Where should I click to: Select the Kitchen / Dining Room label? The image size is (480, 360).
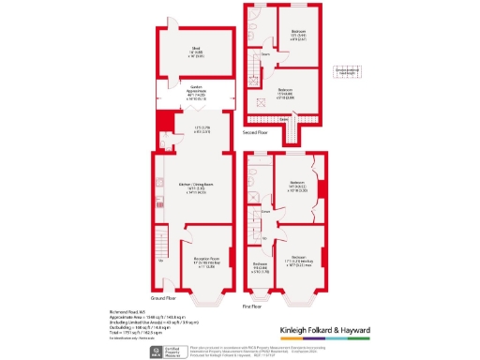(x=195, y=189)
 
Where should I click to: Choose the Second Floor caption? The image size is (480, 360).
(x=257, y=132)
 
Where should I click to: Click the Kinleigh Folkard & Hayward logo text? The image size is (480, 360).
(x=326, y=331)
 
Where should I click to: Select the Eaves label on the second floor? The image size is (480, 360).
(x=282, y=119)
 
